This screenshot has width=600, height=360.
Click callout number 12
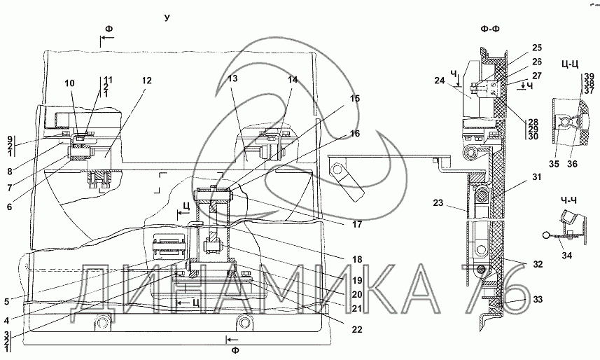(x=146, y=81)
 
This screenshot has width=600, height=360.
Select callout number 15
(x=355, y=99)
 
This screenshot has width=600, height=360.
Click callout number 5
(x=6, y=302)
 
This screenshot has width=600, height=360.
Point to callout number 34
(x=566, y=255)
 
